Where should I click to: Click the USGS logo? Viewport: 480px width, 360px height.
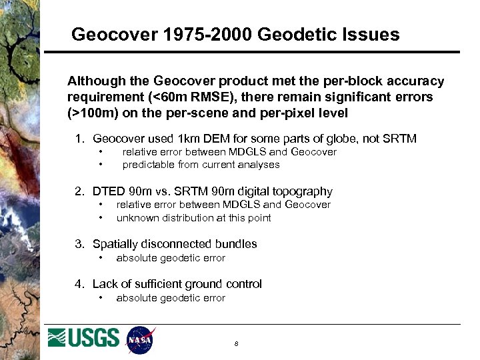point(84,338)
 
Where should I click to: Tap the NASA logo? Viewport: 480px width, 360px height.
point(140,340)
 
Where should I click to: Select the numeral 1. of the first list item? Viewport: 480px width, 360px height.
point(79,139)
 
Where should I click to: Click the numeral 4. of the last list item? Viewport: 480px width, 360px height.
point(79,284)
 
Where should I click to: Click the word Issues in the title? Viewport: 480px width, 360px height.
point(373,34)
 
